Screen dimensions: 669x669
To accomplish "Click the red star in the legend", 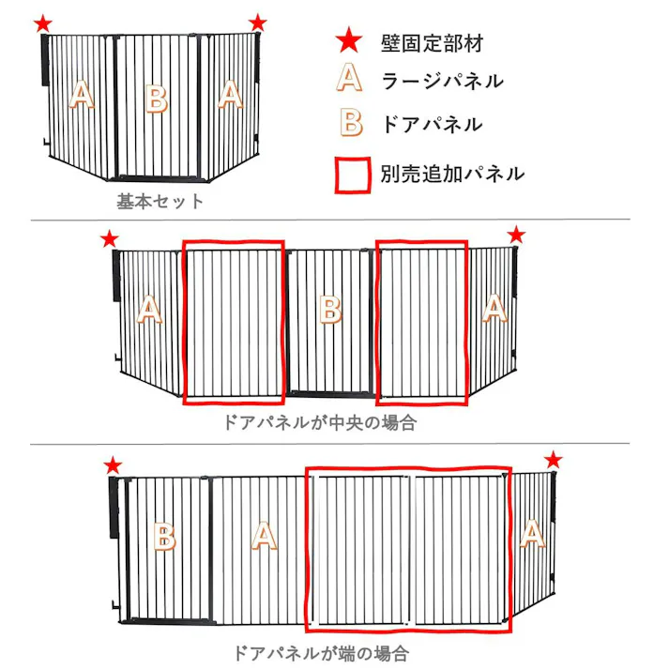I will [349, 40].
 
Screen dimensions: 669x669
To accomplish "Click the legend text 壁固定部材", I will [433, 42].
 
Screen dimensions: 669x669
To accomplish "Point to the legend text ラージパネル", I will [442, 81].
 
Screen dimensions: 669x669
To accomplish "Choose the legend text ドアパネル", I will [432, 124].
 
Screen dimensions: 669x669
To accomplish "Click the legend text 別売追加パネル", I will [452, 174].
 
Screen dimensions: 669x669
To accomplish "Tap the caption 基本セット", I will [160, 201].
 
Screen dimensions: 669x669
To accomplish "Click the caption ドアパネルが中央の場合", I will [318, 422].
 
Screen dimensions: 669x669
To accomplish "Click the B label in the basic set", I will [157, 98].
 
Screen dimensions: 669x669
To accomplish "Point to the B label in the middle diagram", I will [329, 310].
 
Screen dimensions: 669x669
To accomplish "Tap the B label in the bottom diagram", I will [164, 538].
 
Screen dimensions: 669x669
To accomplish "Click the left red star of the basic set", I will [42, 23].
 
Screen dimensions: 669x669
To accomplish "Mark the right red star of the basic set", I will [258, 23].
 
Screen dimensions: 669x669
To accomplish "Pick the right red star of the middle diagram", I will [516, 235].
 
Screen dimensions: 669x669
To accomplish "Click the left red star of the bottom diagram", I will [113, 465].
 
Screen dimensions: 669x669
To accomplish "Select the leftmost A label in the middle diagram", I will [150, 311].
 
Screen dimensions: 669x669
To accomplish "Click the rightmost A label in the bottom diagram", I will [532, 535].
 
